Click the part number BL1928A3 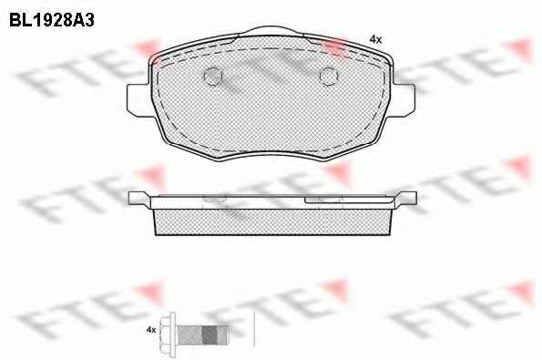[52, 20]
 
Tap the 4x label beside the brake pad [375, 40]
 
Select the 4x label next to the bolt [151, 330]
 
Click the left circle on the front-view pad [212, 76]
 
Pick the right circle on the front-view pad [328, 76]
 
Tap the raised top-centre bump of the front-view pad [271, 31]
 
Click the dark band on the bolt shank [210, 334]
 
